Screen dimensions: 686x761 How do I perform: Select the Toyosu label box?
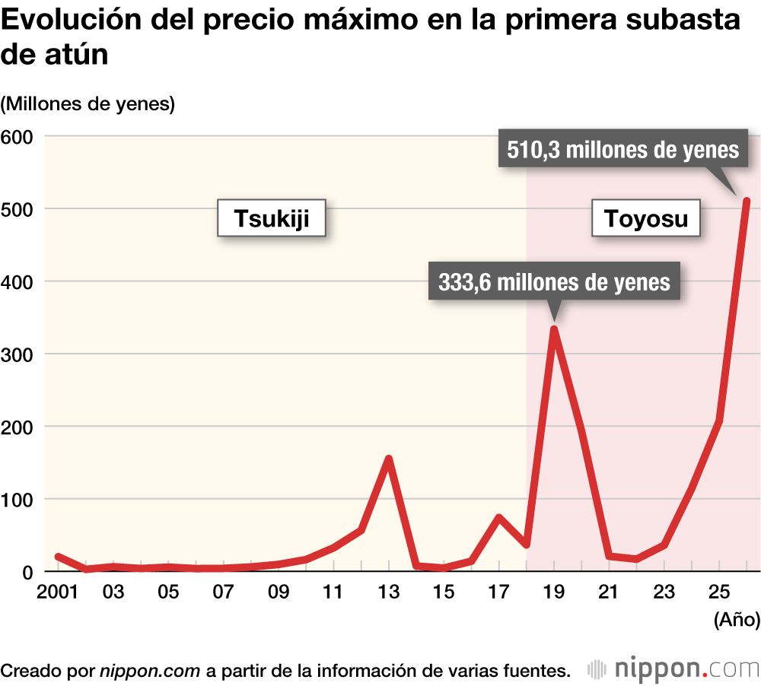tap(646, 219)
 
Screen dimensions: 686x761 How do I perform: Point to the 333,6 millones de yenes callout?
tap(554, 282)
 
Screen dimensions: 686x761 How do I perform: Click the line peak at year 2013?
tap(389, 459)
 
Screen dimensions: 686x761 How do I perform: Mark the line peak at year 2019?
tap(554, 329)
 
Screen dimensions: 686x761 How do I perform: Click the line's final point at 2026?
tap(747, 202)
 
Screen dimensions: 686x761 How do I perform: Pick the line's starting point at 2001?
tap(59, 557)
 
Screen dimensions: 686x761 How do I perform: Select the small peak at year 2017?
tap(499, 518)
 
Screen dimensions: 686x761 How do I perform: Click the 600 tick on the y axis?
tap(19, 137)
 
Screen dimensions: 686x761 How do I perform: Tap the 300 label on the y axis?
tap(19, 354)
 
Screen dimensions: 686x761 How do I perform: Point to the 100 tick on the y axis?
tap(19, 500)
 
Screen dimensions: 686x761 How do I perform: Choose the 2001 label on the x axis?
tap(59, 592)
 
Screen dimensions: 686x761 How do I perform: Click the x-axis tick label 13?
tap(389, 592)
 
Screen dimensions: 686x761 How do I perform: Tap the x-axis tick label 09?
tap(279, 592)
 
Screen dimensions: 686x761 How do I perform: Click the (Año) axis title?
tap(736, 620)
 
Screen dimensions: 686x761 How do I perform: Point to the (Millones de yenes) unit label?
tap(88, 103)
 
